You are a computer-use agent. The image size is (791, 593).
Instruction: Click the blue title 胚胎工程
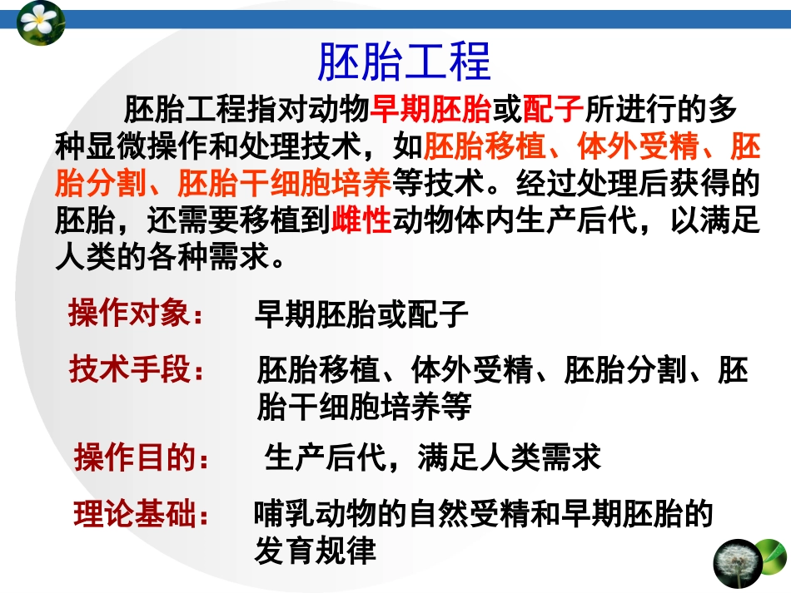[x=405, y=60]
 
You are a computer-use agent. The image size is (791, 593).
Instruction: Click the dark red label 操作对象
[x=134, y=315]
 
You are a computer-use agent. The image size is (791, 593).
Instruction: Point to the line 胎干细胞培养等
[x=364, y=406]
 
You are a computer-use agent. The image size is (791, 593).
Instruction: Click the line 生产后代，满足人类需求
[x=432, y=457]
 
